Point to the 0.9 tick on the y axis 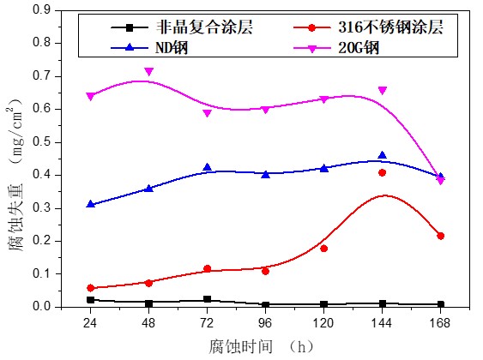(42, 9)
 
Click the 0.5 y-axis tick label (42, 141)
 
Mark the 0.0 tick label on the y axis (42, 306)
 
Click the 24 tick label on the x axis (90, 323)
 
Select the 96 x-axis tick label (266, 323)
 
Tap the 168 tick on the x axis (440, 323)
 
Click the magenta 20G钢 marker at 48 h (148, 71)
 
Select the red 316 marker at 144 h (382, 172)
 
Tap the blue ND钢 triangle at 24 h (90, 204)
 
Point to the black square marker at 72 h (207, 299)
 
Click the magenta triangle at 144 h (382, 90)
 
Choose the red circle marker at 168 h (440, 236)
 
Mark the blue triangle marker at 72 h (207, 167)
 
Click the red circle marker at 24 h (90, 288)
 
